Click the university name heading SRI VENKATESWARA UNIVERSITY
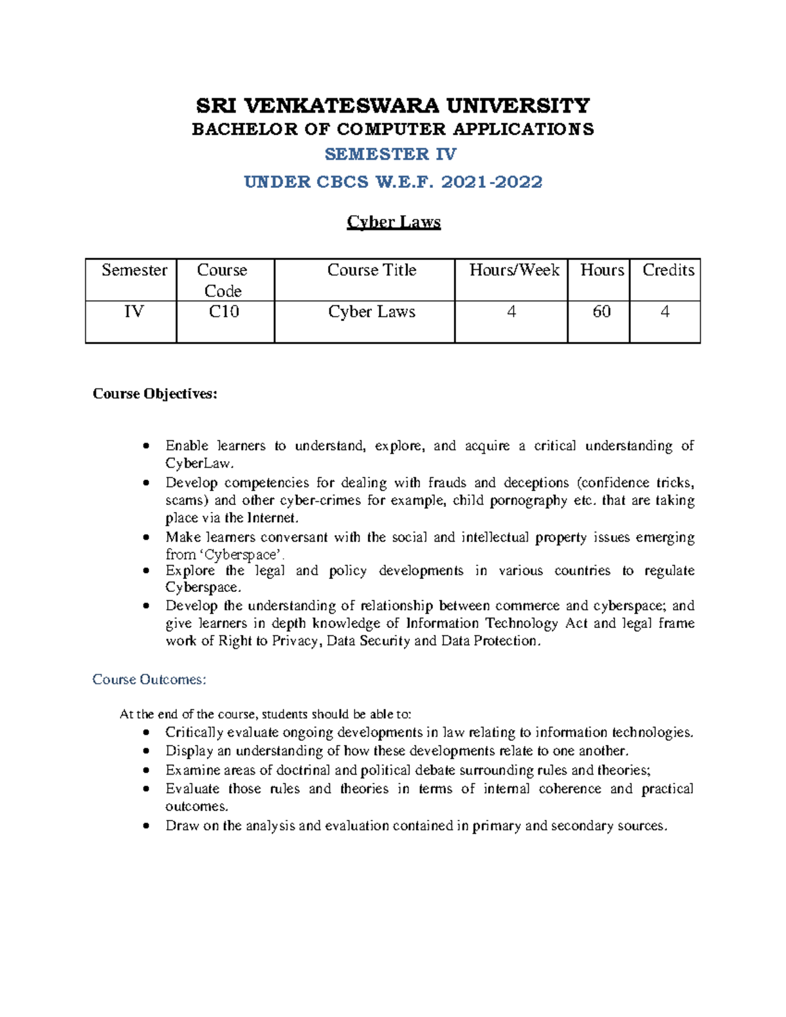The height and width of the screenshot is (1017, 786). (393, 105)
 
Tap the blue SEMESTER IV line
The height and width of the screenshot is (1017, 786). (391, 154)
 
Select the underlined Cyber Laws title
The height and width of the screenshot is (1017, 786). (393, 222)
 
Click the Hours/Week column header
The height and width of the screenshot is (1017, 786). (514, 270)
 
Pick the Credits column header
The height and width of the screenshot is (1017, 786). (667, 270)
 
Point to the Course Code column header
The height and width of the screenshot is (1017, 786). (223, 280)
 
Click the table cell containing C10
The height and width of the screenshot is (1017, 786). (223, 312)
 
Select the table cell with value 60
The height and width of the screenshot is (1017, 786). (601, 312)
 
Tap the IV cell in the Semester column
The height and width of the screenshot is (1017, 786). (134, 312)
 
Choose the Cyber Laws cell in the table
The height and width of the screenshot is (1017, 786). (371, 312)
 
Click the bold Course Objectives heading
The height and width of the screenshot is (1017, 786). (155, 394)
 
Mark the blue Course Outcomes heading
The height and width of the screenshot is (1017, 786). (149, 680)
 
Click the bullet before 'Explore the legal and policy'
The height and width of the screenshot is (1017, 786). (146, 571)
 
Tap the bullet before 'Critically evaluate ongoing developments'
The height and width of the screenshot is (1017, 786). (146, 733)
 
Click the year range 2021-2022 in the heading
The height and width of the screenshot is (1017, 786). (492, 182)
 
